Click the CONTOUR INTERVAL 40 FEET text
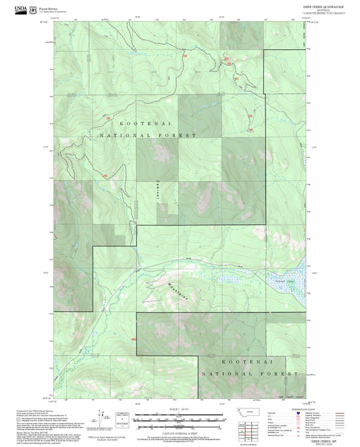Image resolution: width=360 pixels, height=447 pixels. click(179, 429)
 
